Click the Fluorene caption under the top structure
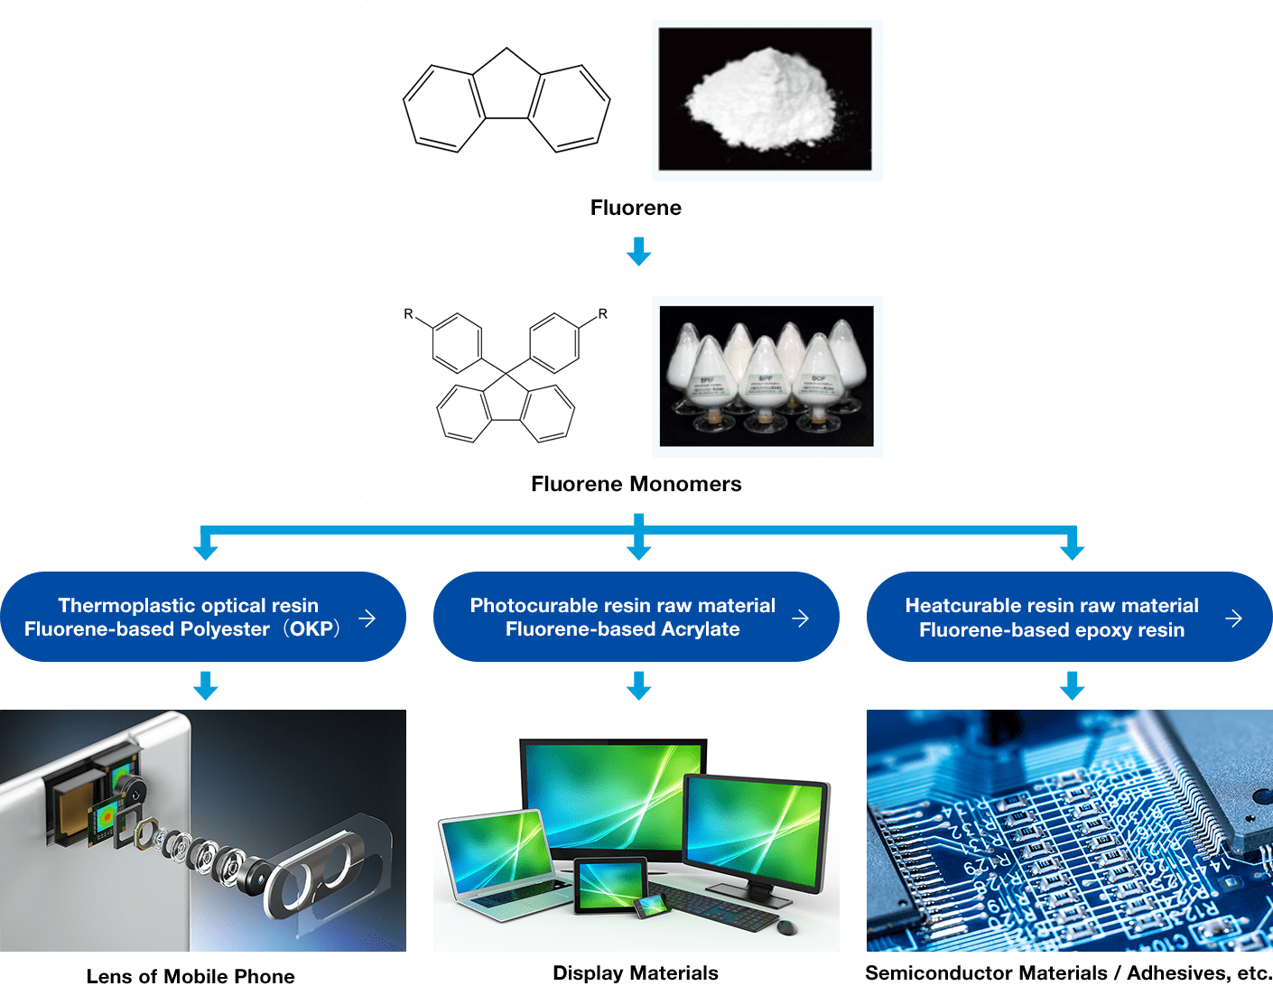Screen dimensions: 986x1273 636,208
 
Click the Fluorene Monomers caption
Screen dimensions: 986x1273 636,484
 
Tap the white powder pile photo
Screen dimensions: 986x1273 765,98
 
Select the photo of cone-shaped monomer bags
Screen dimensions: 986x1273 767,376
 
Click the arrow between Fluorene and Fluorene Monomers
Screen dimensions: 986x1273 638,251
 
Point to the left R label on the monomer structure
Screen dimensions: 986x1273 408,314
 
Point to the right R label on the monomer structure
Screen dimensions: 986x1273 603,314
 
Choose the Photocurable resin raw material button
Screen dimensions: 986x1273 623,617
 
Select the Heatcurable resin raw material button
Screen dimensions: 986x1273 1052,617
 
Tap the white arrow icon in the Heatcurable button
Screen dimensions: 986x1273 1233,619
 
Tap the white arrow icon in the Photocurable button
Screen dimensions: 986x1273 800,619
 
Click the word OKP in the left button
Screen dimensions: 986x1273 311,629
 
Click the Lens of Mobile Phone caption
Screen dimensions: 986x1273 190,976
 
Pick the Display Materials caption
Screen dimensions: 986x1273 636,972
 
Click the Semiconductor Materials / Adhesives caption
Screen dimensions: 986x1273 1068,972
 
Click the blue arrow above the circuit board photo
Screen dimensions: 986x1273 1072,685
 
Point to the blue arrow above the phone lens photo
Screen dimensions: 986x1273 206,685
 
